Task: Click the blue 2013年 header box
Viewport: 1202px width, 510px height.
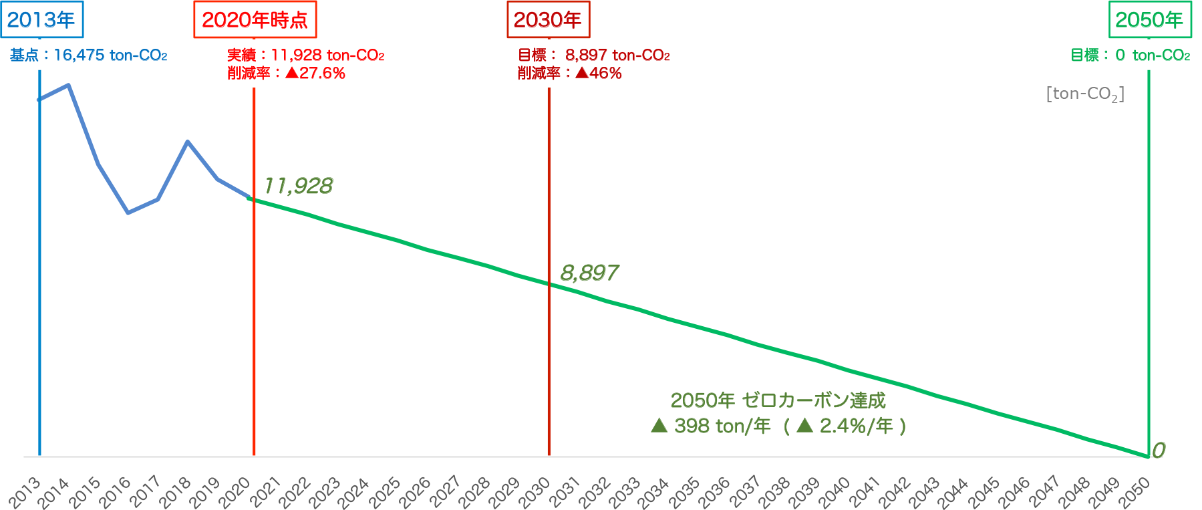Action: coord(41,20)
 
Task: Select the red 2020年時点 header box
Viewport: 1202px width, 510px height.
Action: coord(255,20)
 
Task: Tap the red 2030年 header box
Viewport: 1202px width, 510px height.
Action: coord(548,20)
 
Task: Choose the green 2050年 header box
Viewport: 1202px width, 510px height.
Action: coord(1149,20)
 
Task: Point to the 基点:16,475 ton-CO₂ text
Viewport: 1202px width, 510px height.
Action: coord(88,55)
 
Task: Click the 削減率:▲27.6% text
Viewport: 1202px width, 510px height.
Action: coord(286,74)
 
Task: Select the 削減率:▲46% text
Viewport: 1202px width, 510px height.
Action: coord(569,74)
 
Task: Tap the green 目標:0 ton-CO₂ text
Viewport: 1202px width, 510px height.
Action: coord(1130,55)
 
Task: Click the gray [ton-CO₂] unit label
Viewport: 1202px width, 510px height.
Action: coord(1085,94)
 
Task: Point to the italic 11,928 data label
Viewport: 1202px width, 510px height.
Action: coord(298,186)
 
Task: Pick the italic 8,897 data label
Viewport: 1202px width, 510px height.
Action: coord(589,273)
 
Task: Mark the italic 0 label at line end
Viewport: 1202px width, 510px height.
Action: coord(1159,451)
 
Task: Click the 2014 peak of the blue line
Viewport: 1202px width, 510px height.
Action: coord(69,85)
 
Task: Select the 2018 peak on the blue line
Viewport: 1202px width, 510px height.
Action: coord(188,142)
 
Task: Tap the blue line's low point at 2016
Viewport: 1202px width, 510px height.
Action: coord(128,213)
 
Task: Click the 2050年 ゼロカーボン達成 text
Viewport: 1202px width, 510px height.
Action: coord(778,400)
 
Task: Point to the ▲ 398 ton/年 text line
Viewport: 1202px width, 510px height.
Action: coord(778,426)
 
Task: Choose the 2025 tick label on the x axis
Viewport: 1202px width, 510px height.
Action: coord(386,492)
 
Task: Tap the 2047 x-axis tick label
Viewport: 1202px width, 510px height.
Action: coord(1044,492)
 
